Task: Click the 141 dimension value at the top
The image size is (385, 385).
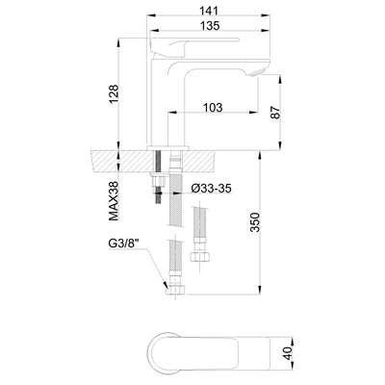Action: pos(209,11)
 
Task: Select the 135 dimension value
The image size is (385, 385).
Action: pos(210,26)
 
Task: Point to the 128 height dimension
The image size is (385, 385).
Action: pos(114,94)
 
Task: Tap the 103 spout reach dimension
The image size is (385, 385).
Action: pos(213,108)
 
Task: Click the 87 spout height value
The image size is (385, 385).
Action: pos(275,113)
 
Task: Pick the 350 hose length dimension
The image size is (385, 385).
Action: pos(255,222)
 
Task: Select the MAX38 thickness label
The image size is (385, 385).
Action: pos(114,201)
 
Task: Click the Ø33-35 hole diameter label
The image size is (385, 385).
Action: pos(211,189)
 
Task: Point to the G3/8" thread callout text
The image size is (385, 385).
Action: pos(124,244)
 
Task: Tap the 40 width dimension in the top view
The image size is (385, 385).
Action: pos(289,353)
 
